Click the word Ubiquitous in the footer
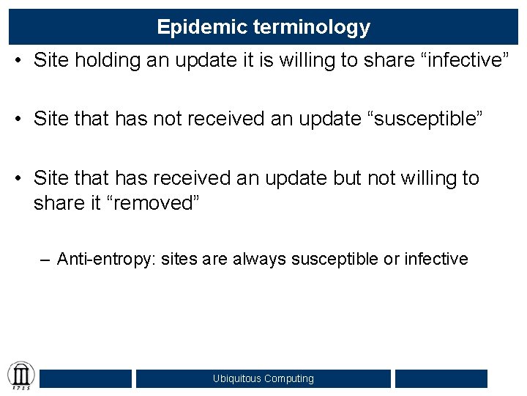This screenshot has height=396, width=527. tap(237, 379)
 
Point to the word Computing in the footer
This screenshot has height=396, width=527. tap(289, 379)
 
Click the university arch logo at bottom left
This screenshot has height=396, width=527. tap(20, 376)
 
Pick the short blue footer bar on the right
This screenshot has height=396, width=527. tap(441, 378)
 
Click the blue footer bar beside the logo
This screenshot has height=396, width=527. tap(86, 378)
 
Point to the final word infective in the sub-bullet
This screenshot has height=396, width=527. tap(436, 259)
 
